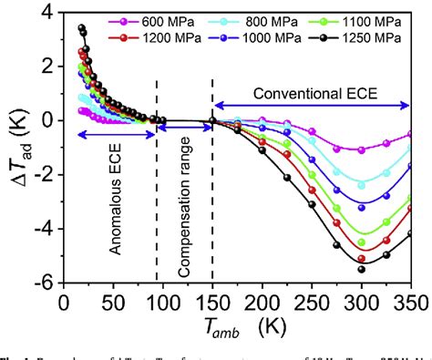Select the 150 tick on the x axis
pos(212,300)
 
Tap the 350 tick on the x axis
pos(411,300)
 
